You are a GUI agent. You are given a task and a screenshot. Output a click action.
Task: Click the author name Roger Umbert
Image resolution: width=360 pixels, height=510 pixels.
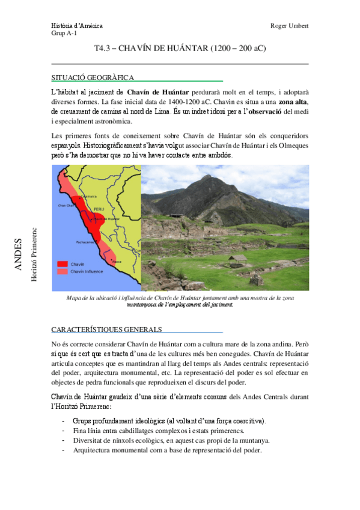tap(290, 26)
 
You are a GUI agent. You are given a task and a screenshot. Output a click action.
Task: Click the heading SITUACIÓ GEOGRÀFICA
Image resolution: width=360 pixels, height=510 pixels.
tap(93, 77)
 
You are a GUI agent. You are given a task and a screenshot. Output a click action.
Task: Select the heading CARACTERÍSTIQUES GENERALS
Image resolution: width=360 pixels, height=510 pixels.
tap(106, 329)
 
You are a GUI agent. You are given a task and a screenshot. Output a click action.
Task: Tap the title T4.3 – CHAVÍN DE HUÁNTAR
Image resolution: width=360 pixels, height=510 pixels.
tap(180, 48)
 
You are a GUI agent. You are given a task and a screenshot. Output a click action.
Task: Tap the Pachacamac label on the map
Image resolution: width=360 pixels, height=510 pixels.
tap(85, 242)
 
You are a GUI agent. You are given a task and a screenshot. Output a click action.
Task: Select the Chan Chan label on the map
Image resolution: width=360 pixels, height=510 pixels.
tap(65, 205)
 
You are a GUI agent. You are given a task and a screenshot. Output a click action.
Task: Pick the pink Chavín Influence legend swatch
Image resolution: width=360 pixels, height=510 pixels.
tap(63, 271)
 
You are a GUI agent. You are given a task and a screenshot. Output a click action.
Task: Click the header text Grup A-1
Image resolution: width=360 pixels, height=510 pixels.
tap(64, 33)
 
